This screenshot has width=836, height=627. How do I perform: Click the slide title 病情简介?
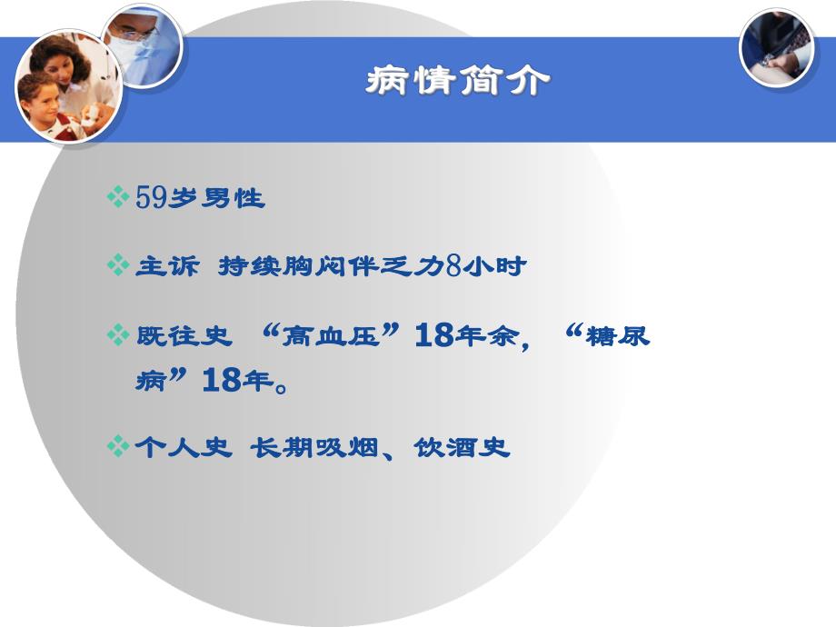point(459,82)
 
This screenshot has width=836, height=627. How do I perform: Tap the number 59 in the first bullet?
point(151,197)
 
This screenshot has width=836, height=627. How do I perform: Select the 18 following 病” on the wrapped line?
point(224,381)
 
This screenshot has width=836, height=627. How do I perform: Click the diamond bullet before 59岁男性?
point(118,197)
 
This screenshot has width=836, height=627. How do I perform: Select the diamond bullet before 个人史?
point(118,448)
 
